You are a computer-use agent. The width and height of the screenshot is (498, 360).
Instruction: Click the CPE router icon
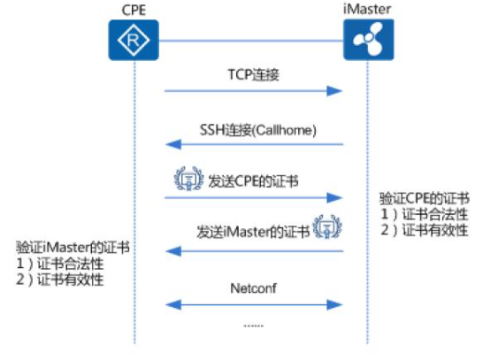[x=134, y=40]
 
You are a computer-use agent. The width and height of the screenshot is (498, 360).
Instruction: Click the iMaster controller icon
[x=369, y=40]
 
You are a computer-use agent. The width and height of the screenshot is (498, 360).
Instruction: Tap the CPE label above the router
[x=134, y=10]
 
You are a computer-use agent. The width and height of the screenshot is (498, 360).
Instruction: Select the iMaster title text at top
[x=367, y=9]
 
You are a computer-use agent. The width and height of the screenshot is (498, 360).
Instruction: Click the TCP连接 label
[x=254, y=75]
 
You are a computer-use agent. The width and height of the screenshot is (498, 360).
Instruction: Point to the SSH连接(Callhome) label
[x=258, y=130]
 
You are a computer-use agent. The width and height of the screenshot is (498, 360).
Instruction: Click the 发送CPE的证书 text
[x=253, y=181]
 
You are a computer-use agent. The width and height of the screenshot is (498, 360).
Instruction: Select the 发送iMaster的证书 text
[x=253, y=232]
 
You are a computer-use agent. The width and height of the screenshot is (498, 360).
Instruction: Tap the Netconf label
[x=253, y=288]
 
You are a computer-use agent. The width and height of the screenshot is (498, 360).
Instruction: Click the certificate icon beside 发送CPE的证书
[x=188, y=179]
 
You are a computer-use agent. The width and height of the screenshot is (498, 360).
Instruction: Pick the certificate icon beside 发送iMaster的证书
[x=327, y=226]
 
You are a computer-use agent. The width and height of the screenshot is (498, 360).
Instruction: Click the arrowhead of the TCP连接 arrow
[x=334, y=91]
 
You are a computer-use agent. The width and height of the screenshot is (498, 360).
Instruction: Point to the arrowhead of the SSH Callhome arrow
[x=173, y=144]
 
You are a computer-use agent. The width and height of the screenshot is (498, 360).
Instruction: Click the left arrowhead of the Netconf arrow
[x=173, y=305]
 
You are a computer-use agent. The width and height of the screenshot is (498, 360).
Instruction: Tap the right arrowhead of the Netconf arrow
[x=334, y=305]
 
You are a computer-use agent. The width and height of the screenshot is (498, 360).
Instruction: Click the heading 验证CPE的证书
[x=425, y=198]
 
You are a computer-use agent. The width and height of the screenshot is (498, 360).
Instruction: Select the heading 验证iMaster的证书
[x=73, y=248]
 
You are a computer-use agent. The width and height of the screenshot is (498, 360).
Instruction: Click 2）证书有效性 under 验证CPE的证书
[x=425, y=230]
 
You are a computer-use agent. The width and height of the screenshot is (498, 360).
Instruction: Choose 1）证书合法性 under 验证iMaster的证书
[x=60, y=264]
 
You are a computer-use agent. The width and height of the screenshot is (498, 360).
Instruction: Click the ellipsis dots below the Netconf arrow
[x=254, y=326]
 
